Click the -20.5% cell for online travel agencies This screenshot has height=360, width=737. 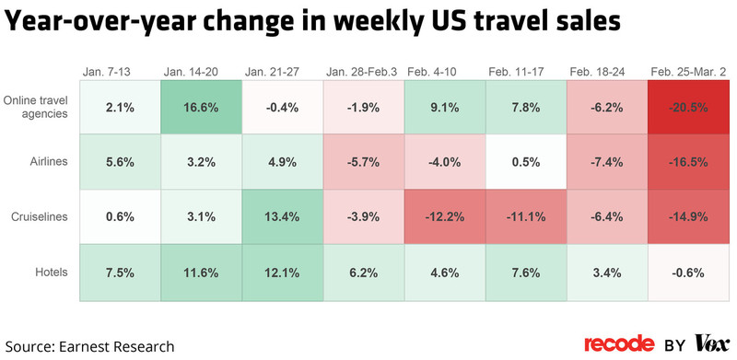click(x=688, y=108)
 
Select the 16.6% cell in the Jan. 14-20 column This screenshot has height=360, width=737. click(x=201, y=108)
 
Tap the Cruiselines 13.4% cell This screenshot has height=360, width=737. click(x=282, y=217)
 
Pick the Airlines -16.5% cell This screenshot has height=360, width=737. click(x=688, y=163)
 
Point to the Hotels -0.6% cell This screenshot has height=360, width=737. click(x=688, y=273)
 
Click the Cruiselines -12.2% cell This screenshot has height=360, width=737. click(x=444, y=217)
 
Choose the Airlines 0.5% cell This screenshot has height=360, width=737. click(x=525, y=163)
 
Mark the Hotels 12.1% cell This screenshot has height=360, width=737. click(x=282, y=273)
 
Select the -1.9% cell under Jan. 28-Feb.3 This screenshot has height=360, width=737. click(x=363, y=108)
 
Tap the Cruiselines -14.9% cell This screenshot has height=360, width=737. click(x=688, y=217)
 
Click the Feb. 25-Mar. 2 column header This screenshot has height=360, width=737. click(x=687, y=72)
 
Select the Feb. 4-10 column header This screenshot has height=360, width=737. click(x=443, y=72)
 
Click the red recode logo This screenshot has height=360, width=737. click(x=619, y=344)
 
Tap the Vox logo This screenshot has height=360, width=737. click(x=712, y=344)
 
